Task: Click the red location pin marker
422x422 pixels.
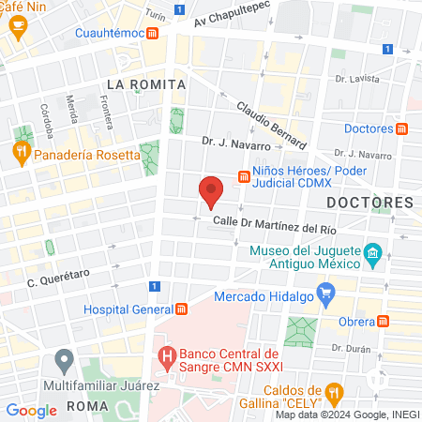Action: (x=211, y=191)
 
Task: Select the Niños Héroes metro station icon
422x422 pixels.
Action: (x=243, y=175)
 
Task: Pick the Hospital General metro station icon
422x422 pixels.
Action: (x=181, y=309)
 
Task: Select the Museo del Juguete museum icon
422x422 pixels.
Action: (x=372, y=253)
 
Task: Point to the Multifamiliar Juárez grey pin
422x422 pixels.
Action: (x=64, y=358)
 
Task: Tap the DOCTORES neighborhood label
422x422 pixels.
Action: (x=369, y=202)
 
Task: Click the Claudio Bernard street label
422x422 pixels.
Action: (x=271, y=127)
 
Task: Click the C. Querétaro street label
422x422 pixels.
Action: (x=57, y=278)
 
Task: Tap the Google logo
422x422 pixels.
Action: (x=31, y=410)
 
